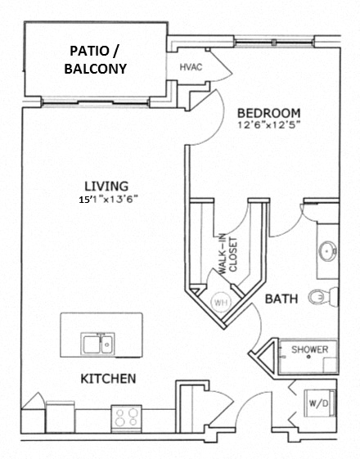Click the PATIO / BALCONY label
[x=95, y=61]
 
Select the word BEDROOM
[x=268, y=112]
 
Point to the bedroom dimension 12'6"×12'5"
[x=268, y=126]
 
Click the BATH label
[x=281, y=300]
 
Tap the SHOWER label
[x=311, y=350]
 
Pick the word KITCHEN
[x=107, y=380]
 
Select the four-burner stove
[x=126, y=418]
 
